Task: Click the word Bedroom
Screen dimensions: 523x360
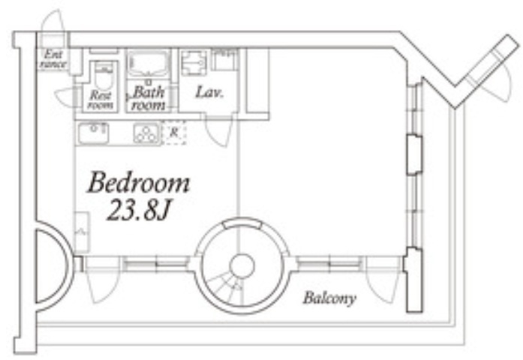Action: pos(138,182)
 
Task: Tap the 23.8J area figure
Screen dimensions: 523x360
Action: pos(138,210)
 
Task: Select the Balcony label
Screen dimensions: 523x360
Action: pos(329,298)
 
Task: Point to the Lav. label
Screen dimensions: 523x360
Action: pos(209,92)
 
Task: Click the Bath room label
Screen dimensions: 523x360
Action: pos(148,99)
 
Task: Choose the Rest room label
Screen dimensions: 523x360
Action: pos(101,100)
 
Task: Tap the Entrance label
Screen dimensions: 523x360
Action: pos(53,59)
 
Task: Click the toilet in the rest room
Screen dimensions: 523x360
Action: pos(104,75)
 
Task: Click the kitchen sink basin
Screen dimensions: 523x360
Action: pos(93,133)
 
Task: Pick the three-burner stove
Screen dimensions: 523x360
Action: pos(146,133)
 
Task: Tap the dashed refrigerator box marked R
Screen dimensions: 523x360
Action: pos(174,133)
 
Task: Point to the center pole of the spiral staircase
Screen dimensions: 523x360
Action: pos(242,266)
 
